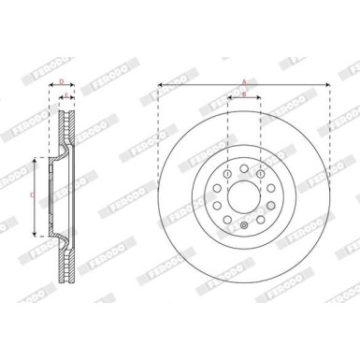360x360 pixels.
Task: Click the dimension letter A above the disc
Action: click(x=243, y=81)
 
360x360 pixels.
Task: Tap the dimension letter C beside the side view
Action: click(x=32, y=194)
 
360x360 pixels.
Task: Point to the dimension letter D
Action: click(x=62, y=82)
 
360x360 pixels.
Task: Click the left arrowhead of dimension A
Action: click(x=160, y=86)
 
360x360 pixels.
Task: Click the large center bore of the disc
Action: click(x=243, y=197)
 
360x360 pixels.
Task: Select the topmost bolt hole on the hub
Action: click(x=243, y=169)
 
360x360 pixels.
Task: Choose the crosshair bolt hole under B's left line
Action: click(x=227, y=175)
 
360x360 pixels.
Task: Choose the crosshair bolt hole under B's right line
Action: click(x=260, y=175)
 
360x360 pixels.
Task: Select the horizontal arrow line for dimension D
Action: click(x=62, y=89)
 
